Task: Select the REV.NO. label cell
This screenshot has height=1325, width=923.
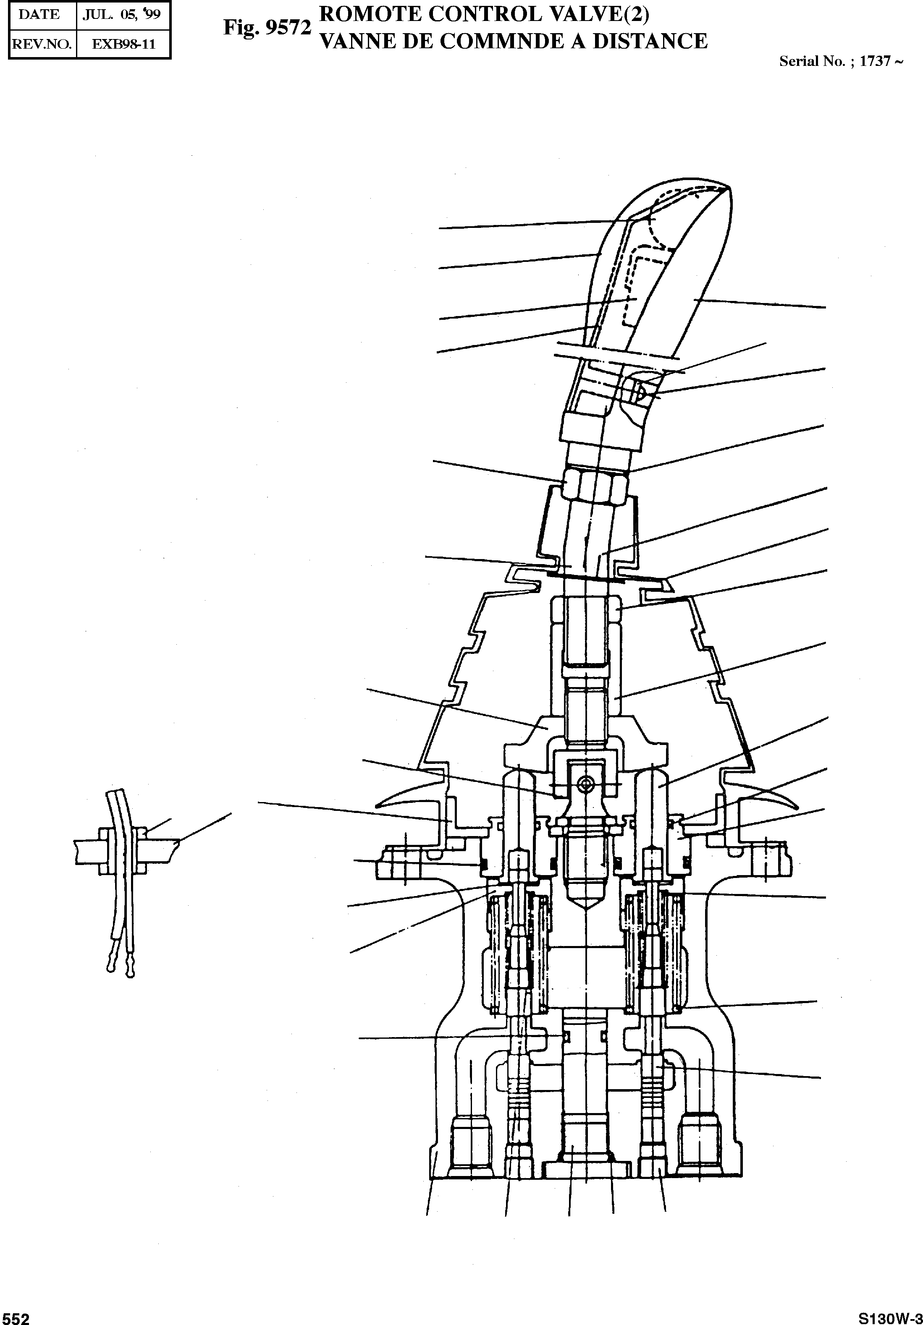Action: pos(41,44)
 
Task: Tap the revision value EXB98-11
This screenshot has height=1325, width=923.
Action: pos(123,44)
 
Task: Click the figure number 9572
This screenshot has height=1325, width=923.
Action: pos(288,28)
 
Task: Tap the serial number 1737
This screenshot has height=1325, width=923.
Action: pos(875,61)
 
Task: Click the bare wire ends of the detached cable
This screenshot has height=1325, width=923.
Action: pos(121,971)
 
